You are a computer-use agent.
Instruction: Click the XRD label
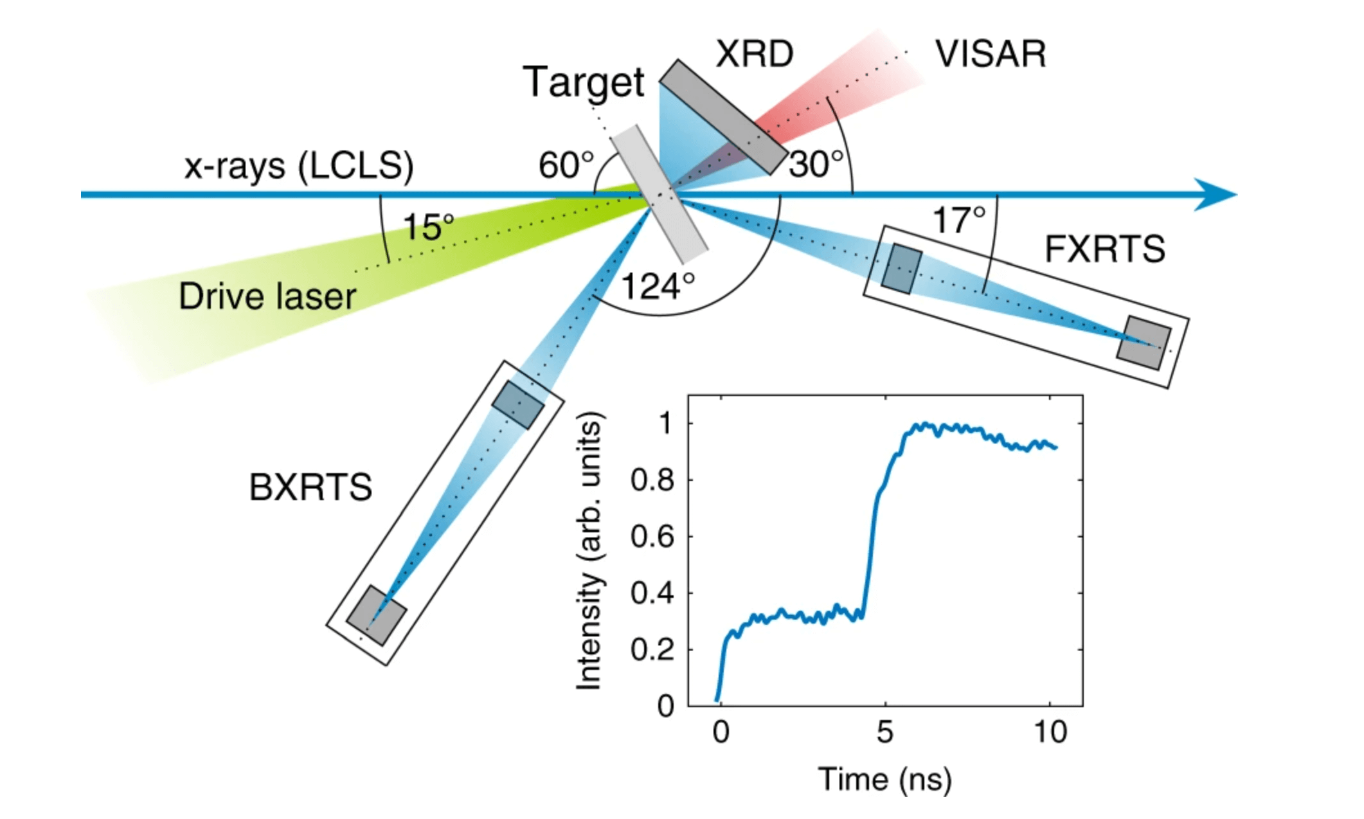[755, 54]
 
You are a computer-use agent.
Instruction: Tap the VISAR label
[991, 54]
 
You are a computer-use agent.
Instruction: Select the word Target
[584, 84]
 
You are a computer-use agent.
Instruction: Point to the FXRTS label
[1104, 249]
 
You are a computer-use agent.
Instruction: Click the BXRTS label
[310, 487]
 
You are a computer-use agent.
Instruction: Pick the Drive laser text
[267, 297]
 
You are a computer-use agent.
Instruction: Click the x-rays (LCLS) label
[299, 166]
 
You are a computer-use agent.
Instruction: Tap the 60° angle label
[566, 165]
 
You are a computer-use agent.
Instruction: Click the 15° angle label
[428, 227]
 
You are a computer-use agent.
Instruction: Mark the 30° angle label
[816, 164]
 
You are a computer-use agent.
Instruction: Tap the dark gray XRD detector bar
[724, 117]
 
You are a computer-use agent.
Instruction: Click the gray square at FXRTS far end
[1144, 343]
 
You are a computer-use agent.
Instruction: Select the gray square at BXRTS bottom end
[377, 615]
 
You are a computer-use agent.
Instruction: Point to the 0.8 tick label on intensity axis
[652, 480]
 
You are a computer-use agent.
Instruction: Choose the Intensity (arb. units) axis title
[589, 551]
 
